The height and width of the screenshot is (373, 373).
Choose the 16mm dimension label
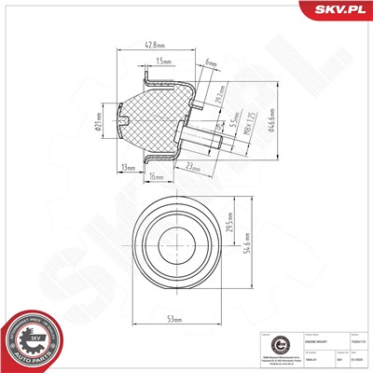(156, 175)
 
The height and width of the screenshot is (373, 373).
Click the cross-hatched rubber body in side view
(154, 117)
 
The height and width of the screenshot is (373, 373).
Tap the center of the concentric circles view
(173, 239)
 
